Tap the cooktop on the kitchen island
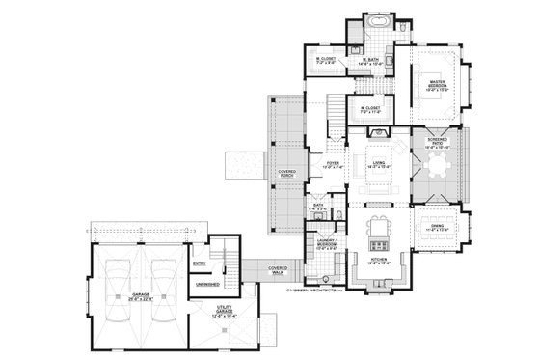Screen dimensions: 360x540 (378, 231)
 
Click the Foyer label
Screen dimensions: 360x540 (334, 165)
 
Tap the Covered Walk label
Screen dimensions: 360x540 (278, 272)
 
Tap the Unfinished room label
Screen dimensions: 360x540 (206, 285)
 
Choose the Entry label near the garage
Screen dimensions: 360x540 (200, 262)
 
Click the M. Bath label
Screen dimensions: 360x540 (370, 62)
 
